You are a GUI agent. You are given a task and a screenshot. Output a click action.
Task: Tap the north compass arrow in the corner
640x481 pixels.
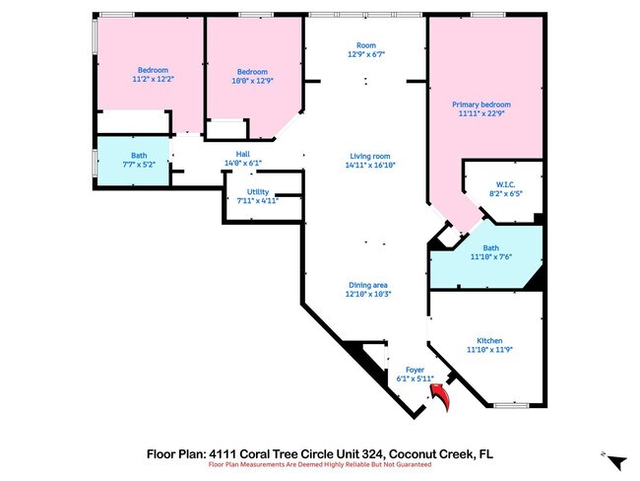click(615, 461)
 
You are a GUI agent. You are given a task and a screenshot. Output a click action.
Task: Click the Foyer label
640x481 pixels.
click(415, 369)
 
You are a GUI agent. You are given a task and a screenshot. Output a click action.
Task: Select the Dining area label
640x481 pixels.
click(368, 285)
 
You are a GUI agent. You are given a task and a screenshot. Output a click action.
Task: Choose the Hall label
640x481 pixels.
click(242, 154)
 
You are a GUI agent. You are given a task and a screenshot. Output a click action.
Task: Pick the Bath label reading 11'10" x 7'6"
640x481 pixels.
click(490, 247)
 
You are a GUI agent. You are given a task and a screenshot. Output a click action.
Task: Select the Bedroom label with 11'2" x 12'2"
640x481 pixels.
click(153, 70)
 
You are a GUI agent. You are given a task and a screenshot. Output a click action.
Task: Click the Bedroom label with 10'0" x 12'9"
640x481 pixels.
click(252, 71)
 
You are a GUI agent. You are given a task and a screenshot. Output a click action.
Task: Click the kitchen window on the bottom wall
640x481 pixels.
click(511, 405)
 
